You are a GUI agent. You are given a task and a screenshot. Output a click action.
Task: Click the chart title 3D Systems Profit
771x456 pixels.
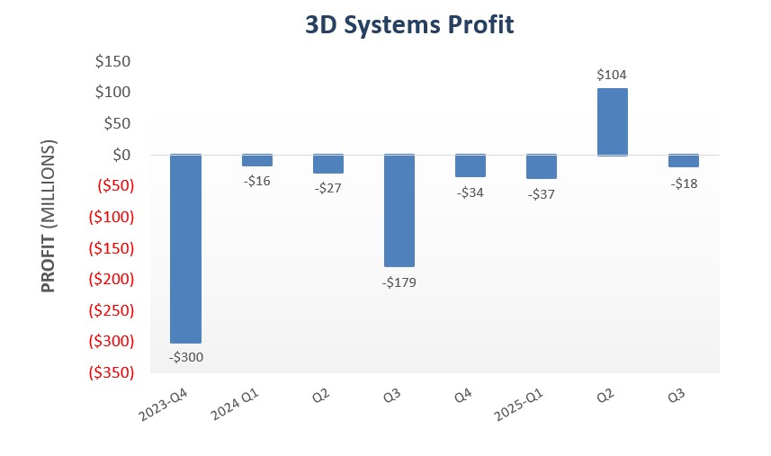(409, 25)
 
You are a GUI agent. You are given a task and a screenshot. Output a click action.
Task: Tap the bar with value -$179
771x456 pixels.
(399, 210)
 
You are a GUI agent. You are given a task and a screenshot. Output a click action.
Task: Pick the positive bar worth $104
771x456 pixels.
(613, 121)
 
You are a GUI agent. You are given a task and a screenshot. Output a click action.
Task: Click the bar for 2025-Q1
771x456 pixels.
(542, 166)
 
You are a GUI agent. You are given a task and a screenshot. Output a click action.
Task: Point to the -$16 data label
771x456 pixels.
(256, 181)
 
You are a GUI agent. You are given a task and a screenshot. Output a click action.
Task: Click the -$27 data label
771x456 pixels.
(327, 188)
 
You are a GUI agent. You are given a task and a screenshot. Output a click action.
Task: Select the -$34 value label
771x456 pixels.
(470, 192)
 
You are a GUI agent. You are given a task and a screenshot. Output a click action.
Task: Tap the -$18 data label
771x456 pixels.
(684, 183)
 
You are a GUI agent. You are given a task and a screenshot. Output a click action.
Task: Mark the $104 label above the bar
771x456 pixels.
(612, 76)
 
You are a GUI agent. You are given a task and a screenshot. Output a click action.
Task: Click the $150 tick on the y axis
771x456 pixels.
(112, 62)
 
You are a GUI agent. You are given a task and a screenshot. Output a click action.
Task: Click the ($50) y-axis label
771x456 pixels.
(111, 186)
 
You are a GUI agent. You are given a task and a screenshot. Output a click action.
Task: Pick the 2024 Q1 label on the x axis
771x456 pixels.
(238, 406)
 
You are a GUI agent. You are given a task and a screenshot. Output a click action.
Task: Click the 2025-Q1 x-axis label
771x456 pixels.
(523, 406)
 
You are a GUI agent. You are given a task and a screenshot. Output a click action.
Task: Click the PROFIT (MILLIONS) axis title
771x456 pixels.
(49, 217)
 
